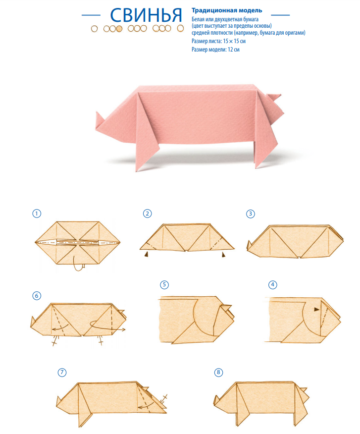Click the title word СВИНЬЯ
(146, 15)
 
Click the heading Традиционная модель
(227, 10)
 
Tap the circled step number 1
(37, 214)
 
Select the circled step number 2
(147, 214)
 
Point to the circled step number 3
(251, 214)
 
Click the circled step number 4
(272, 284)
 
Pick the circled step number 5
(164, 284)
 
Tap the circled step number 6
(37, 296)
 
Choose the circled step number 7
(62, 372)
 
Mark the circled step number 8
(218, 372)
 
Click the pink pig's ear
(274, 98)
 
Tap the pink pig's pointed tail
(100, 120)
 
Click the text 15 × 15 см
(234, 41)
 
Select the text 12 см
(234, 50)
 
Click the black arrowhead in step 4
(316, 310)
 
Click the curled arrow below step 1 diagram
(78, 265)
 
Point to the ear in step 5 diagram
(226, 307)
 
